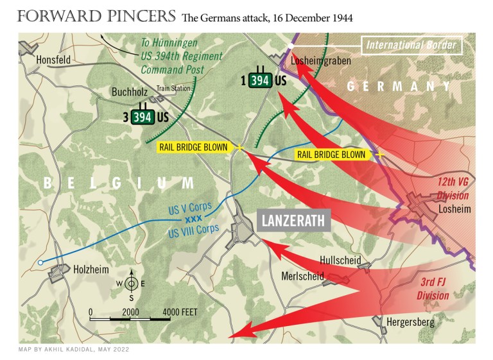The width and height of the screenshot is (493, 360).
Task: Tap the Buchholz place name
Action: pyautogui.click(x=131, y=92)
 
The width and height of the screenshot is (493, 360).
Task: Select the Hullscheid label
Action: pyautogui.click(x=340, y=261)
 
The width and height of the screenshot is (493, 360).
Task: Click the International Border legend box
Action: pyautogui.click(x=411, y=45)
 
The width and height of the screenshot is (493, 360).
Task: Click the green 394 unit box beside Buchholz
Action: pyautogui.click(x=143, y=117)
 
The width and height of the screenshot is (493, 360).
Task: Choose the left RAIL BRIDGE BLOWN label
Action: pyautogui.click(x=193, y=147)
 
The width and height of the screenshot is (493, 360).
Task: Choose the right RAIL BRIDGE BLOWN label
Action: pyautogui.click(x=331, y=155)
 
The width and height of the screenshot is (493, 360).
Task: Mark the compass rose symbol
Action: pyautogui.click(x=130, y=283)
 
